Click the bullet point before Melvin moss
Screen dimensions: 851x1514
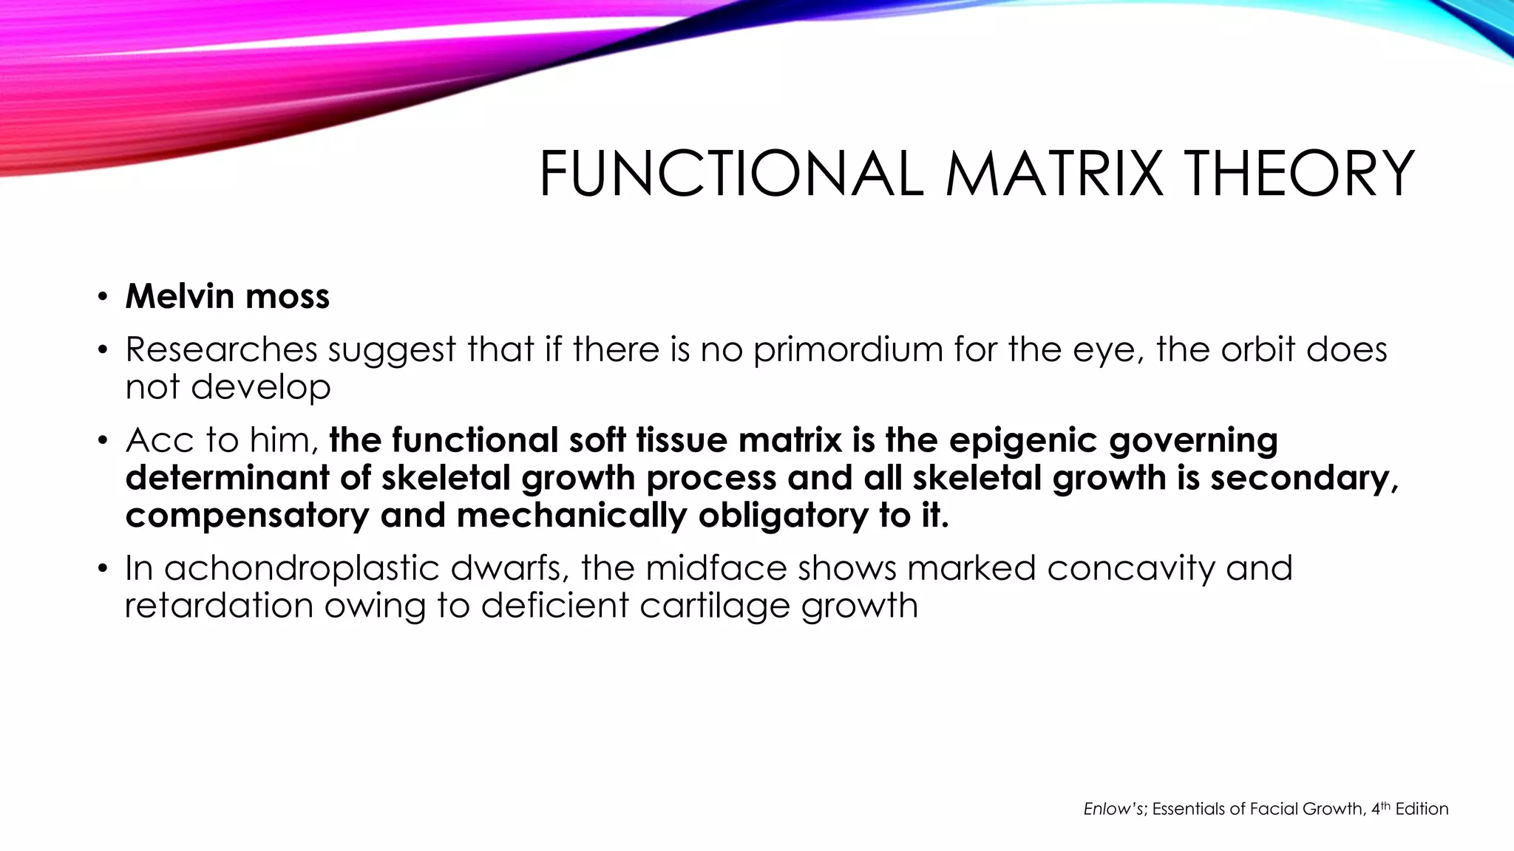click(103, 298)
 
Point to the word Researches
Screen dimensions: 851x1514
click(221, 349)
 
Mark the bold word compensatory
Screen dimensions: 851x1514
click(247, 516)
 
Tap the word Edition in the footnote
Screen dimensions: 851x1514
click(1422, 809)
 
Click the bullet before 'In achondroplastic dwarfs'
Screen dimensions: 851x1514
click(103, 570)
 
